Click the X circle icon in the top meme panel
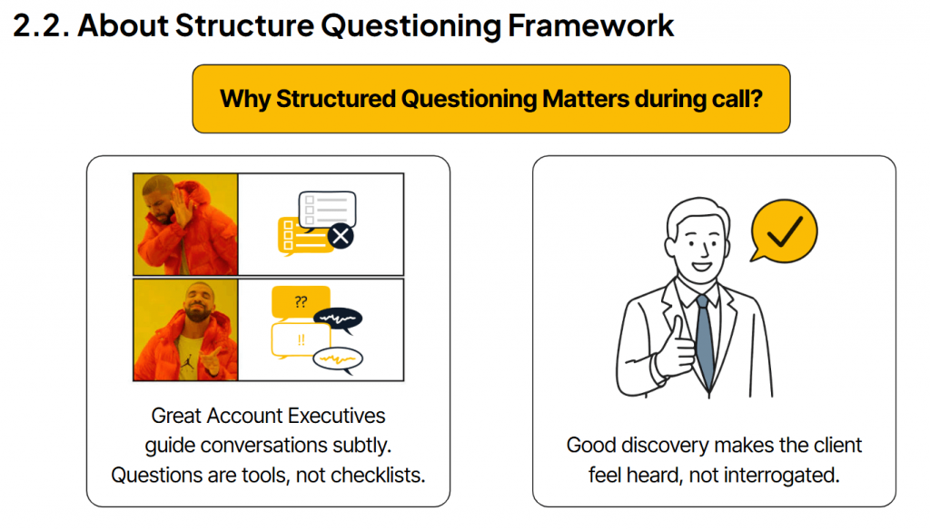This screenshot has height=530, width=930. (x=341, y=237)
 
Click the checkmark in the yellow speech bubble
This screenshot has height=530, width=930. (x=783, y=233)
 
